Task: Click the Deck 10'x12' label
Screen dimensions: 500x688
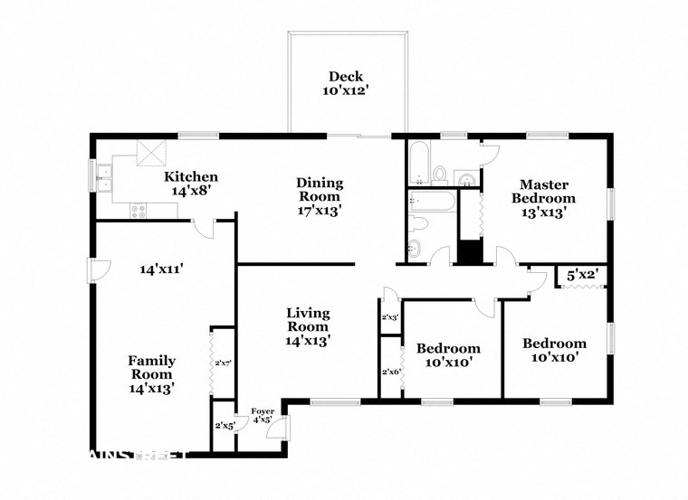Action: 347,83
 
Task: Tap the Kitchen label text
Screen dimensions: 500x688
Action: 191,184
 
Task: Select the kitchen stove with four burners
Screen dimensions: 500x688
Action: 139,211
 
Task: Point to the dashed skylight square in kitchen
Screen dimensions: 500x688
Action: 148,153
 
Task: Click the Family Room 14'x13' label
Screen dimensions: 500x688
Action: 151,373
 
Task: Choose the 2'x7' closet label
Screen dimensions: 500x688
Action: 223,363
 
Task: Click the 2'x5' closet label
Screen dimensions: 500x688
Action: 224,425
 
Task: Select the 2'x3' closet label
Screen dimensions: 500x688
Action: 389,317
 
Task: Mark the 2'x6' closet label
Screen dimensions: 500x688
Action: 390,372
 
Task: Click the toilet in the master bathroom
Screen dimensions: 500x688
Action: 439,173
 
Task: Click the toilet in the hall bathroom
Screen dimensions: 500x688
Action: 419,222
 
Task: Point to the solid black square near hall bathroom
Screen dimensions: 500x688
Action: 469,250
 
